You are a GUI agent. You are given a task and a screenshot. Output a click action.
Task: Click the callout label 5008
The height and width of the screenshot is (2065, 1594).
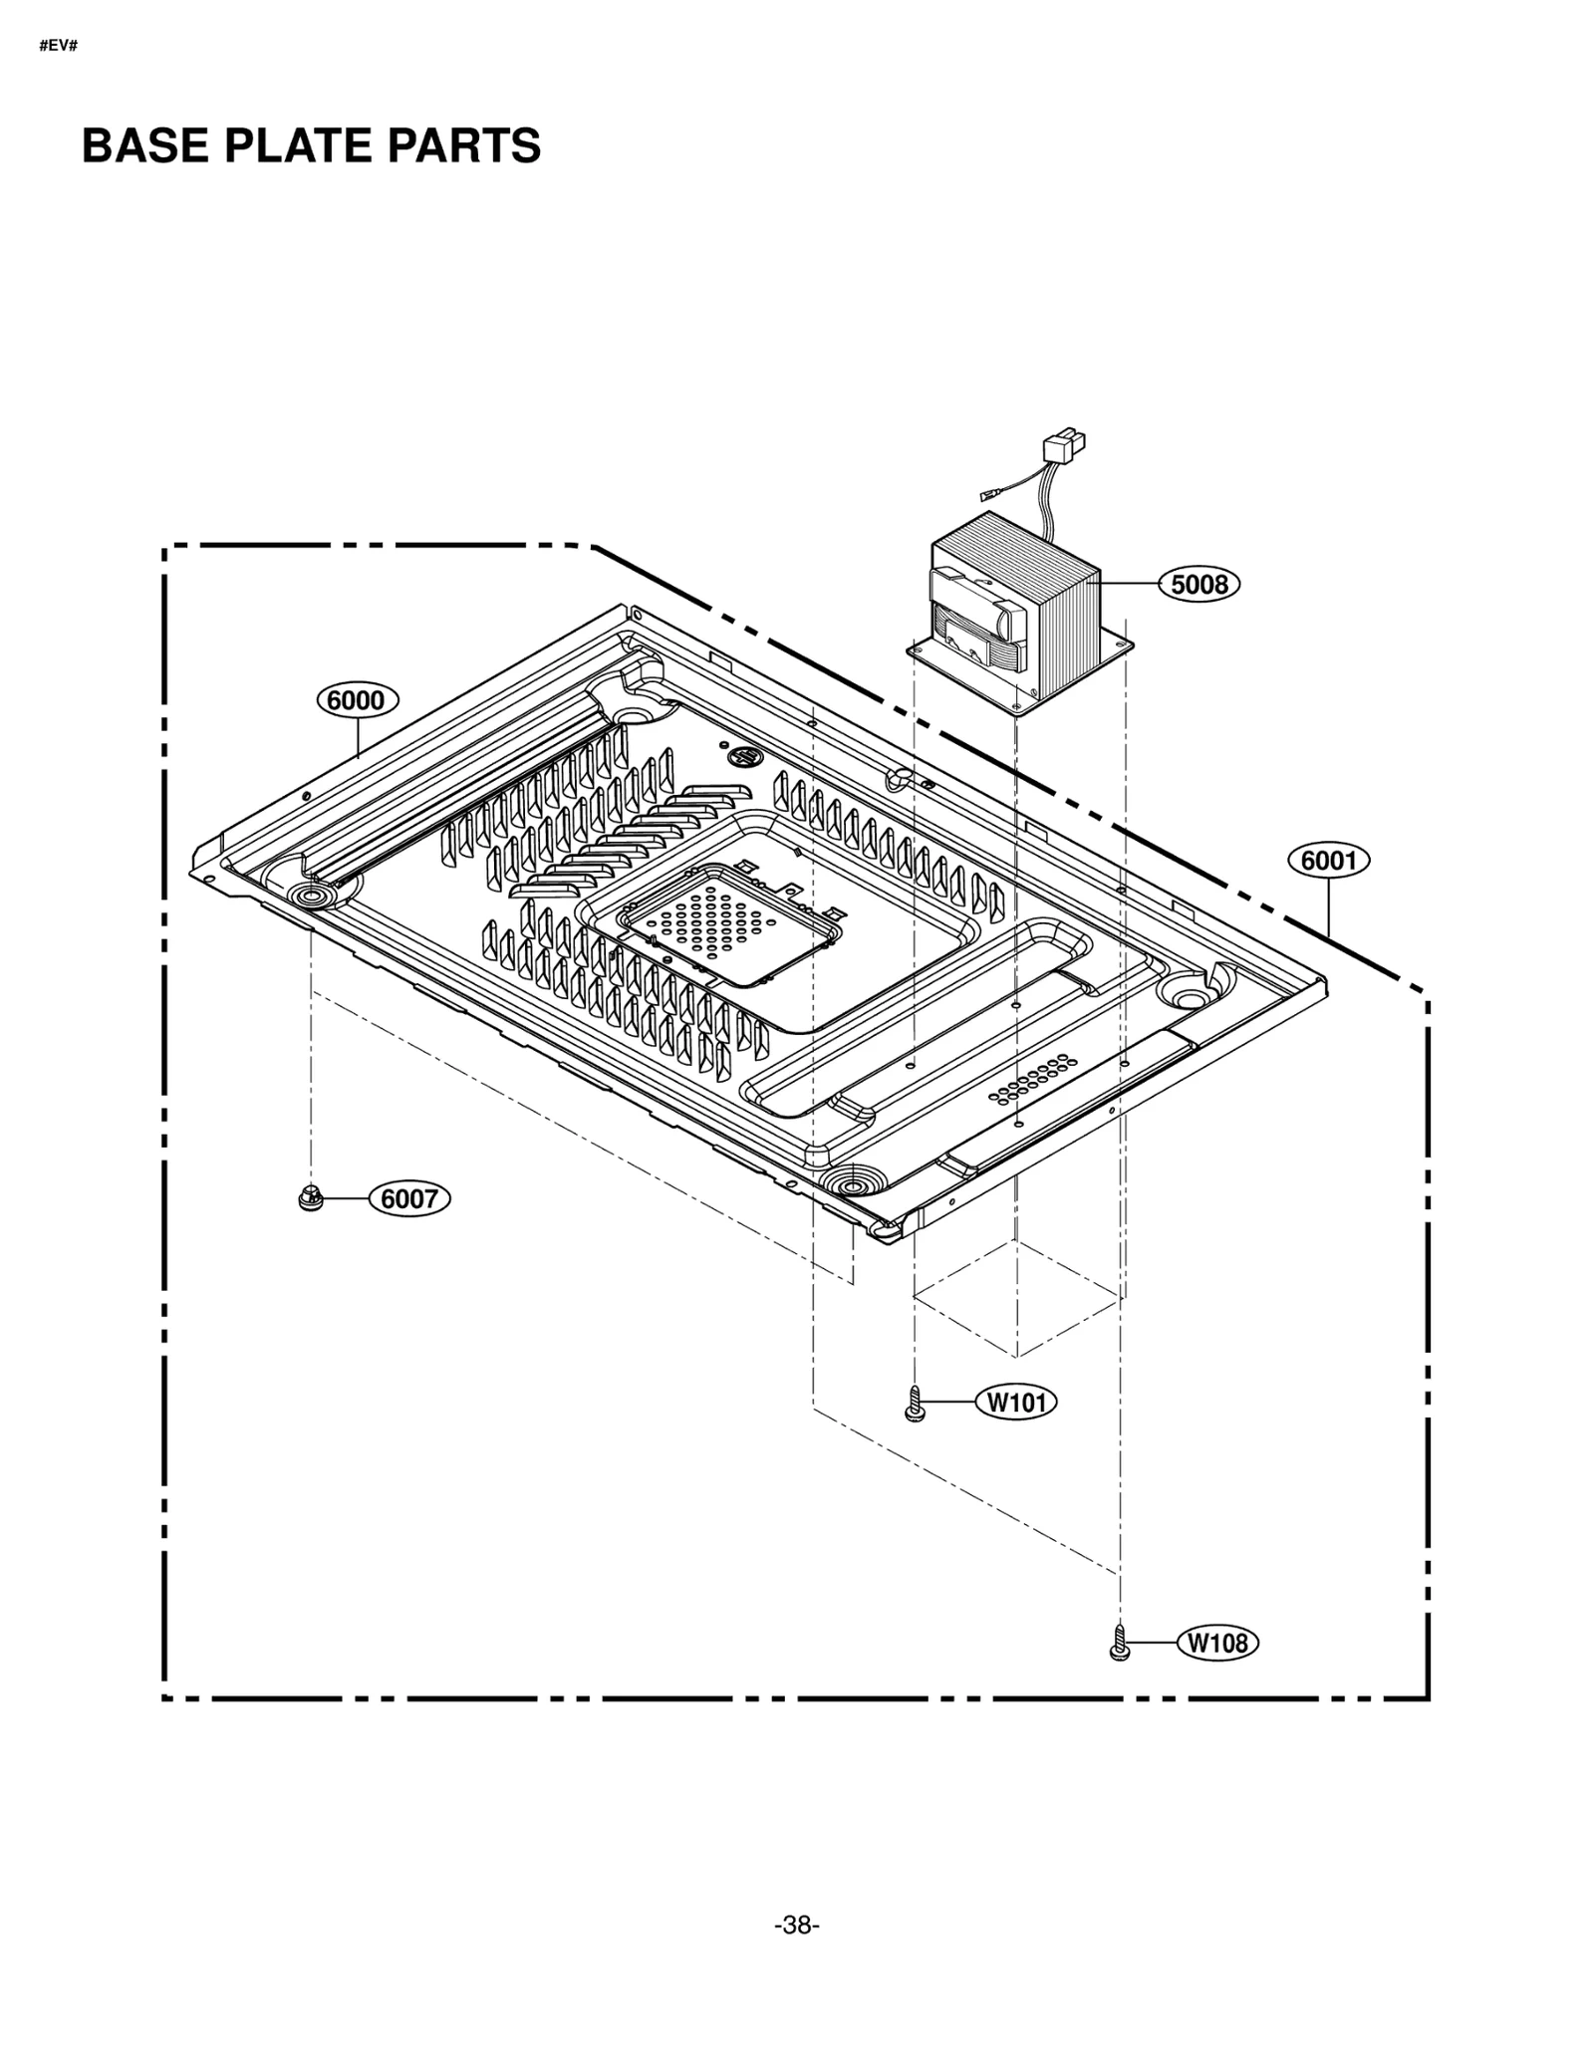pyautogui.click(x=1198, y=585)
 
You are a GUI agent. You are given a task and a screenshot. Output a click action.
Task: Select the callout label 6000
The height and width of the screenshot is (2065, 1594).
pyautogui.click(x=357, y=700)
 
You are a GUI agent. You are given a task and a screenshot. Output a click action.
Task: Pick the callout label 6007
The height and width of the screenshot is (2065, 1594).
pyautogui.click(x=409, y=1198)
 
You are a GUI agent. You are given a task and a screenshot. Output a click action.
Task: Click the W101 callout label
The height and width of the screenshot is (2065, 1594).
pyautogui.click(x=1016, y=1403)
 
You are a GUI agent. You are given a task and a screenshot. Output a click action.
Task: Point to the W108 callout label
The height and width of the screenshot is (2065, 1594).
pyautogui.click(x=1217, y=1643)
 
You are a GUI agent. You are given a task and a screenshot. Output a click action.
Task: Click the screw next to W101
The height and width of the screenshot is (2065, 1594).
pyautogui.click(x=915, y=1404)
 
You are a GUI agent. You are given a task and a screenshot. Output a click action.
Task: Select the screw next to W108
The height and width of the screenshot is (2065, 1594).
pyautogui.click(x=1119, y=1643)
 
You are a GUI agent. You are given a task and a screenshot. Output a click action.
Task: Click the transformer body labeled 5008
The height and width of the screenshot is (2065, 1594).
pyautogui.click(x=1016, y=608)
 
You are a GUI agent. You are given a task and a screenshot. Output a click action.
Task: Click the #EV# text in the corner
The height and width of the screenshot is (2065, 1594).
pyautogui.click(x=58, y=47)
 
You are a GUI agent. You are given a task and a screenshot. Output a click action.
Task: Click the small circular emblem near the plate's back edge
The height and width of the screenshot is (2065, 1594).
pyautogui.click(x=743, y=758)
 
